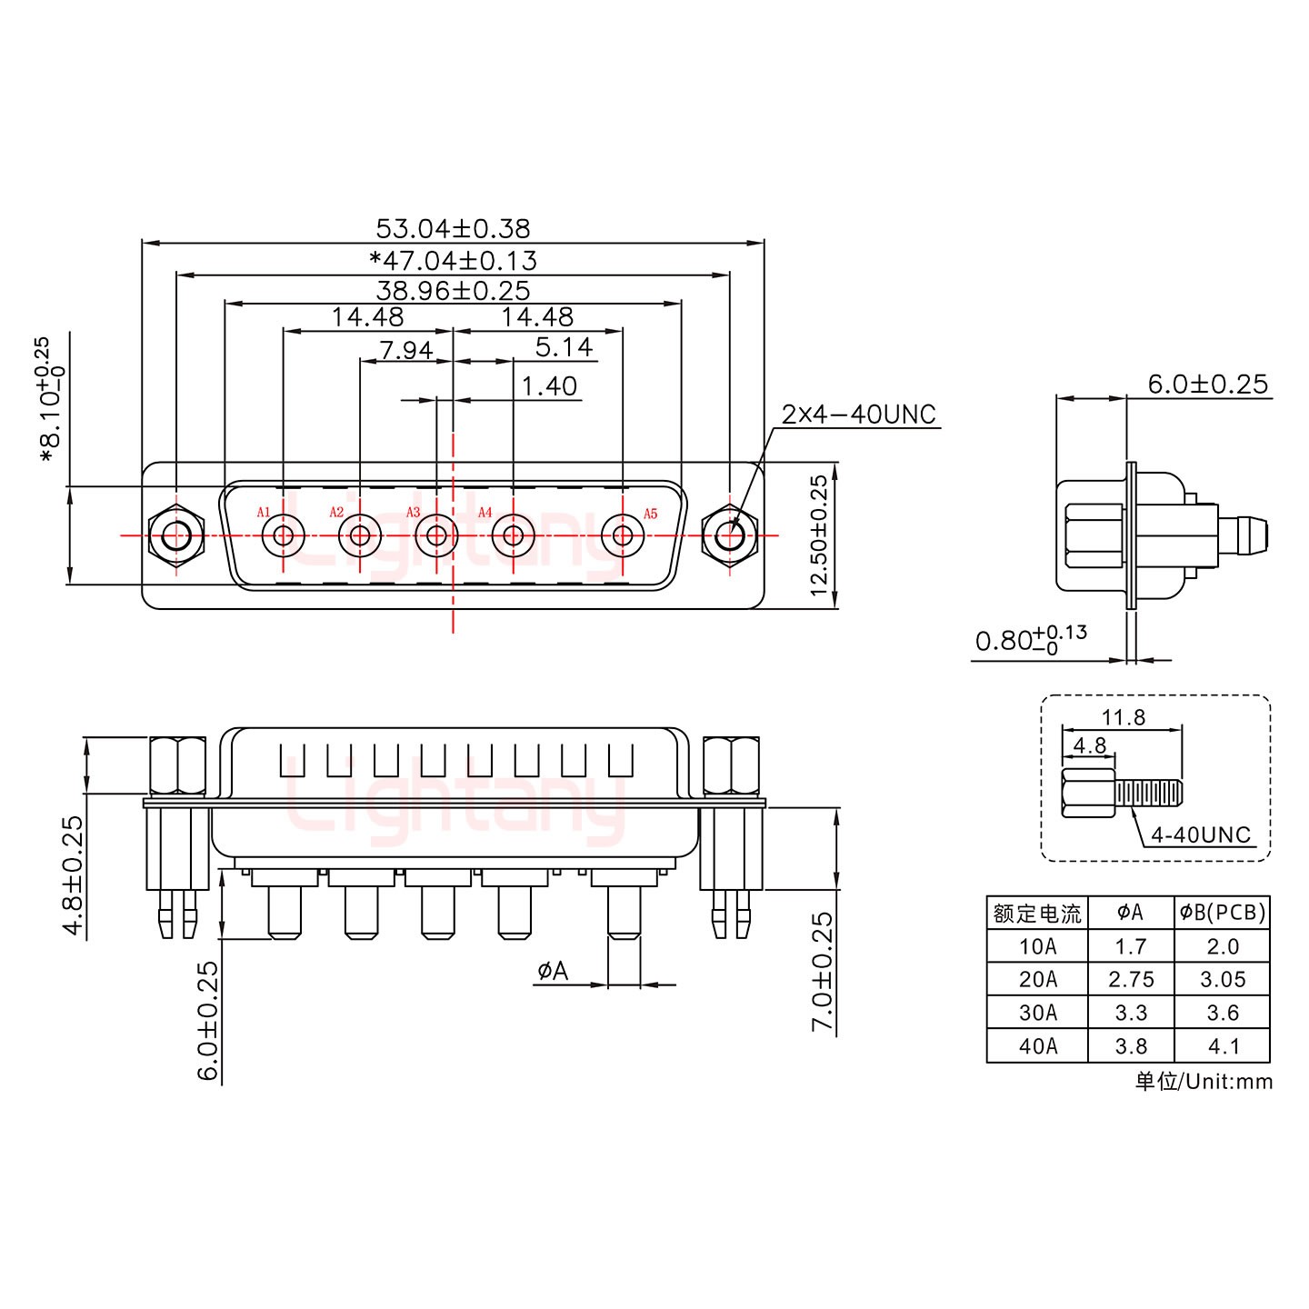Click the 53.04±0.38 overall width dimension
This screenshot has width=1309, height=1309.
[x=452, y=228]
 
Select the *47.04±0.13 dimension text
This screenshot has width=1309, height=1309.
[x=453, y=261]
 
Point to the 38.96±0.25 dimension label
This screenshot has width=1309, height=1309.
[x=452, y=291]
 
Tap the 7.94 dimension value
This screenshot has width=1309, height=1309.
[x=405, y=350]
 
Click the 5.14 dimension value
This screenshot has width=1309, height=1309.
[x=563, y=347]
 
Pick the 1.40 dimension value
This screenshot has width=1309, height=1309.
[x=548, y=386]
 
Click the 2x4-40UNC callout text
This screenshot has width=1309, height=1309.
[x=858, y=415]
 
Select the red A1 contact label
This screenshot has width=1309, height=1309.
[x=264, y=513]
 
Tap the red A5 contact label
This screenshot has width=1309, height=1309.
[x=650, y=514]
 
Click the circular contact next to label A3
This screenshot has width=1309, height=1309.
[x=435, y=535]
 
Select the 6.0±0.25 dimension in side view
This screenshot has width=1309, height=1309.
[x=1206, y=385]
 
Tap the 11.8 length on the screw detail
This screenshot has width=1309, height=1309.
[x=1123, y=717]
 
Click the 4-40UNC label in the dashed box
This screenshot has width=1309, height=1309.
[x=1200, y=834]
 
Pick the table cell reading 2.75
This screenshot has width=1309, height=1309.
[x=1130, y=980]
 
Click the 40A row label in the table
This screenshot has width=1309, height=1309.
[x=1037, y=1046]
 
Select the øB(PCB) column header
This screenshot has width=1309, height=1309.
[x=1222, y=913]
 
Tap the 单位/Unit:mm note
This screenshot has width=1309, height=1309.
[x=1204, y=1082]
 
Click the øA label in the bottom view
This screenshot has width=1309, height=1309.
[x=552, y=972]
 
